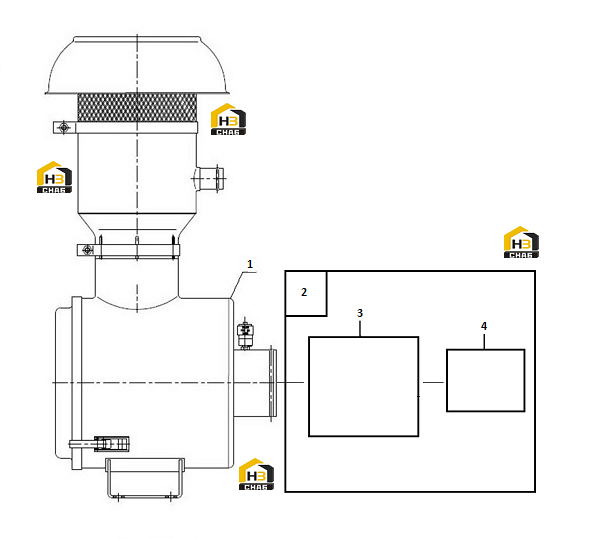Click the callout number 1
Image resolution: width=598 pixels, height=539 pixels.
click(x=250, y=264)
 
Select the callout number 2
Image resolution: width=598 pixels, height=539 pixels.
click(x=304, y=292)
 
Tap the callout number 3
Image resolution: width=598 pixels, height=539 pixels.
click(x=360, y=313)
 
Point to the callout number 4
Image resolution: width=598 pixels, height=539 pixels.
click(x=484, y=326)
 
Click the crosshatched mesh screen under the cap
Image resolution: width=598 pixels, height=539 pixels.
click(x=137, y=108)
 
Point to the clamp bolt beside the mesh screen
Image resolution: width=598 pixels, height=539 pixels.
click(x=64, y=127)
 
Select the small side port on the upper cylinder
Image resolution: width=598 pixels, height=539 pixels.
click(x=209, y=179)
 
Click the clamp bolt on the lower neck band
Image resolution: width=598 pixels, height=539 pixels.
click(x=87, y=250)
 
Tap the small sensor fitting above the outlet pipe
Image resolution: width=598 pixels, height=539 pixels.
click(x=244, y=334)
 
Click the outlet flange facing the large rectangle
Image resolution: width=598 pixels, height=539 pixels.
click(x=273, y=382)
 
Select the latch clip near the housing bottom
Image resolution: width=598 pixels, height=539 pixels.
click(x=100, y=444)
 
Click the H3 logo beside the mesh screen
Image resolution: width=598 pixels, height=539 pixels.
click(x=228, y=119)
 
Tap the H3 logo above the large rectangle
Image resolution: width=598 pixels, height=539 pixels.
click(x=521, y=242)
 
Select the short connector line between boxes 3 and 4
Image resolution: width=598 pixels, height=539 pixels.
click(x=433, y=382)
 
